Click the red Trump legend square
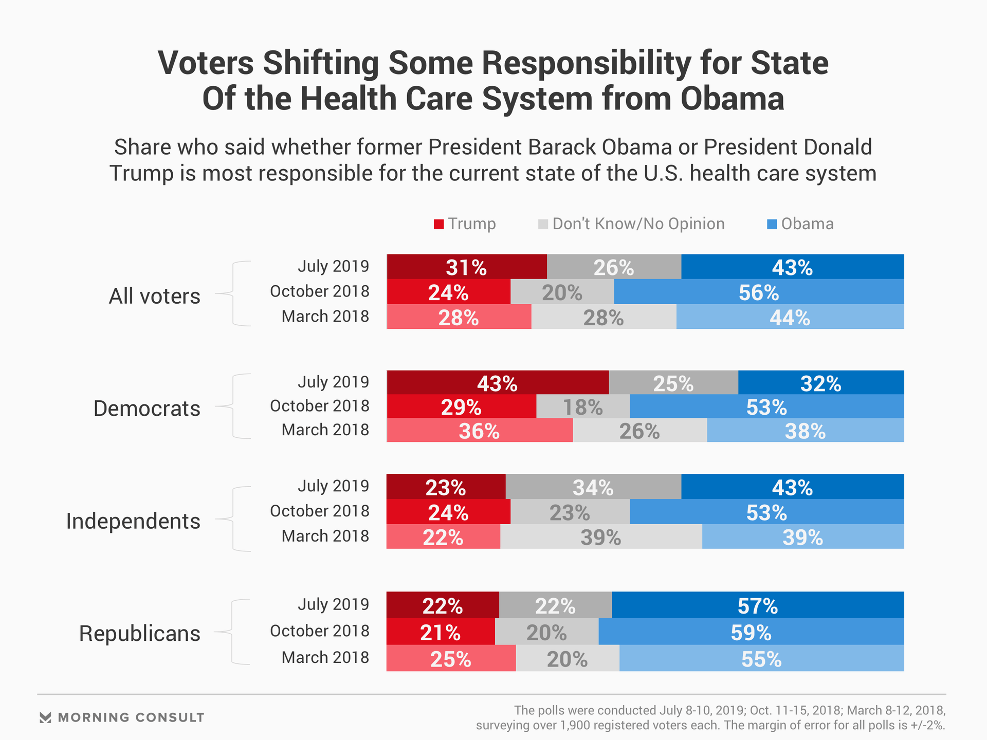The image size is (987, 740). pyautogui.click(x=438, y=225)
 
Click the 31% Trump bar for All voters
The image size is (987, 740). pyautogui.click(x=466, y=267)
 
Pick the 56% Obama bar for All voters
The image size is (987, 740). pyautogui.click(x=759, y=292)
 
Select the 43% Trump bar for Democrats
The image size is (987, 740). pyautogui.click(x=497, y=383)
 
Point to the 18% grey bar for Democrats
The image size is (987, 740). pyautogui.click(x=582, y=406)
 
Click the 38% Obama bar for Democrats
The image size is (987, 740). pyautogui.click(x=805, y=431)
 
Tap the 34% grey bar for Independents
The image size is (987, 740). pyautogui.click(x=593, y=487)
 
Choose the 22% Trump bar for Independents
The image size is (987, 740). pyautogui.click(x=443, y=536)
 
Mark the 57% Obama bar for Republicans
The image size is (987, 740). pyautogui.click(x=757, y=605)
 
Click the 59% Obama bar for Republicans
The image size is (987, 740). pyautogui.click(x=751, y=632)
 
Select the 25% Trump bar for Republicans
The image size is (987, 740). pyautogui.click(x=450, y=658)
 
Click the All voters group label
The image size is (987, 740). pyautogui.click(x=154, y=296)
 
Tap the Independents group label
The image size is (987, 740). pyautogui.click(x=133, y=521)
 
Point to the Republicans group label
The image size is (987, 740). pyautogui.click(x=139, y=634)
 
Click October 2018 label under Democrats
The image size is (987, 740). pyautogui.click(x=319, y=406)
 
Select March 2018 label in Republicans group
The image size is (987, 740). pyautogui.click(x=325, y=657)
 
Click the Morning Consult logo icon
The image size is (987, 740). pyautogui.click(x=46, y=717)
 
